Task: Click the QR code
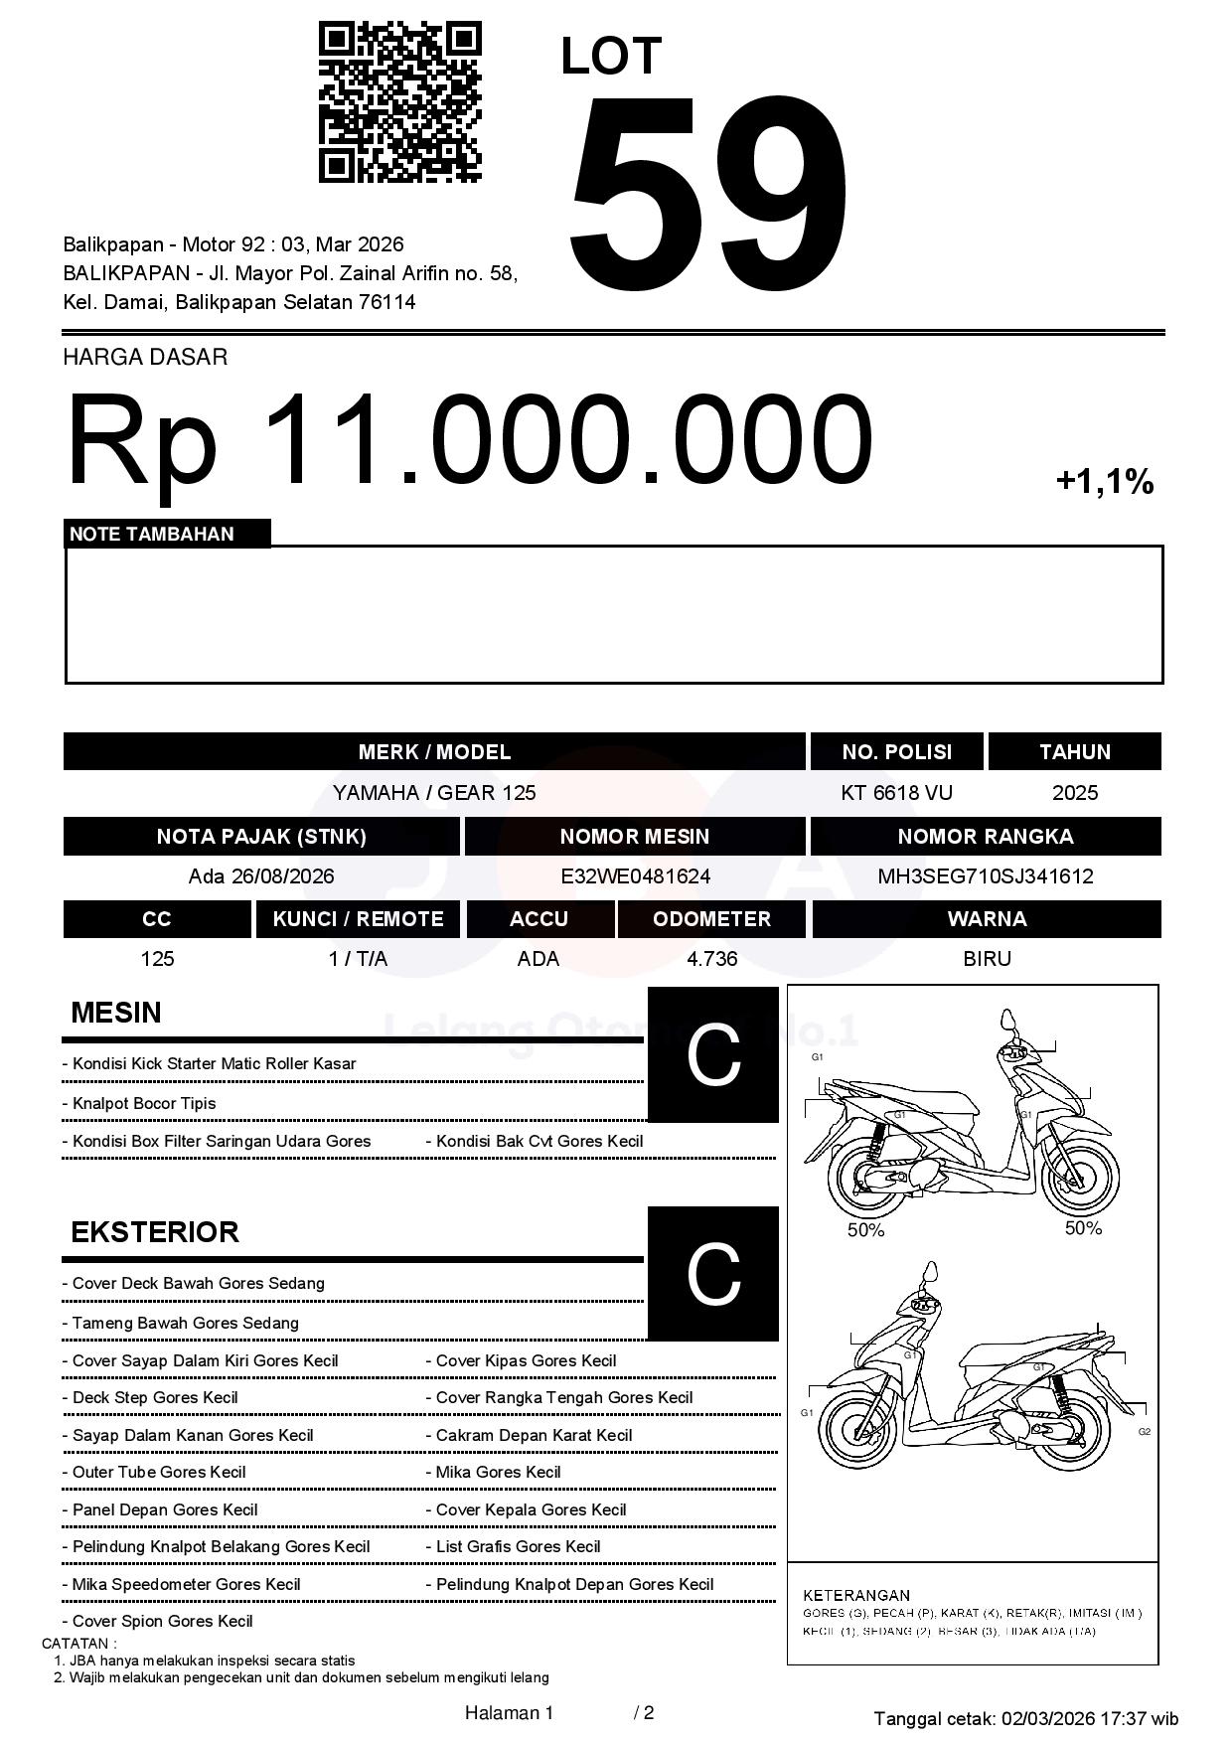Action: [x=399, y=103]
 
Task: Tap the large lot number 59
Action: [x=707, y=189]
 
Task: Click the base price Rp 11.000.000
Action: [x=469, y=439]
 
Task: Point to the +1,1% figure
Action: [x=1104, y=482]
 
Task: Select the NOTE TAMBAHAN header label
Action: [x=152, y=534]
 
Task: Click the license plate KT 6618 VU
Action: [x=896, y=792]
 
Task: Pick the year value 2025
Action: [x=1074, y=792]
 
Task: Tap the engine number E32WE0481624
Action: [x=635, y=876]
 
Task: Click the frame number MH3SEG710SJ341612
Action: [x=985, y=876]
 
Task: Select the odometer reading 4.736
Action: [x=711, y=959]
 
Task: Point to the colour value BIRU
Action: [x=987, y=959]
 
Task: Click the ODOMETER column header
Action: [x=711, y=919]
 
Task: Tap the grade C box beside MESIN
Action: [x=713, y=1054]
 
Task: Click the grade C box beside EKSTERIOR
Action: [x=713, y=1273]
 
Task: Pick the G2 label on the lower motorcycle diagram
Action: [x=1145, y=1431]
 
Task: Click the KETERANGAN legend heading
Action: [x=855, y=1595]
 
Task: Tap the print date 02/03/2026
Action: [x=1048, y=1718]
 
